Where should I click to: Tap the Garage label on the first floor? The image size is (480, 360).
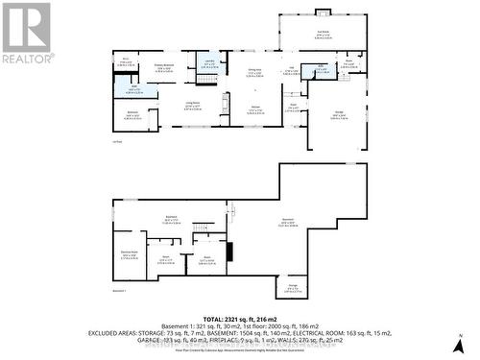[x=339, y=114]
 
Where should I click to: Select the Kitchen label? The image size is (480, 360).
[x=255, y=107]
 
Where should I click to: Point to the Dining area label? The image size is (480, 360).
[x=255, y=72]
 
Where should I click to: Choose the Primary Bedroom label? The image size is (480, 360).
[x=164, y=67]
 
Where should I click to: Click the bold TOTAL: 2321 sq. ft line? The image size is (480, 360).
[x=239, y=317]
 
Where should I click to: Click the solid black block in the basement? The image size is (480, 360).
[x=228, y=252]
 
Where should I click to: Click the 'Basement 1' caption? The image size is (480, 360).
[x=120, y=290]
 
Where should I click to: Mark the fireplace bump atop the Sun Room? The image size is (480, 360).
[x=323, y=12]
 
